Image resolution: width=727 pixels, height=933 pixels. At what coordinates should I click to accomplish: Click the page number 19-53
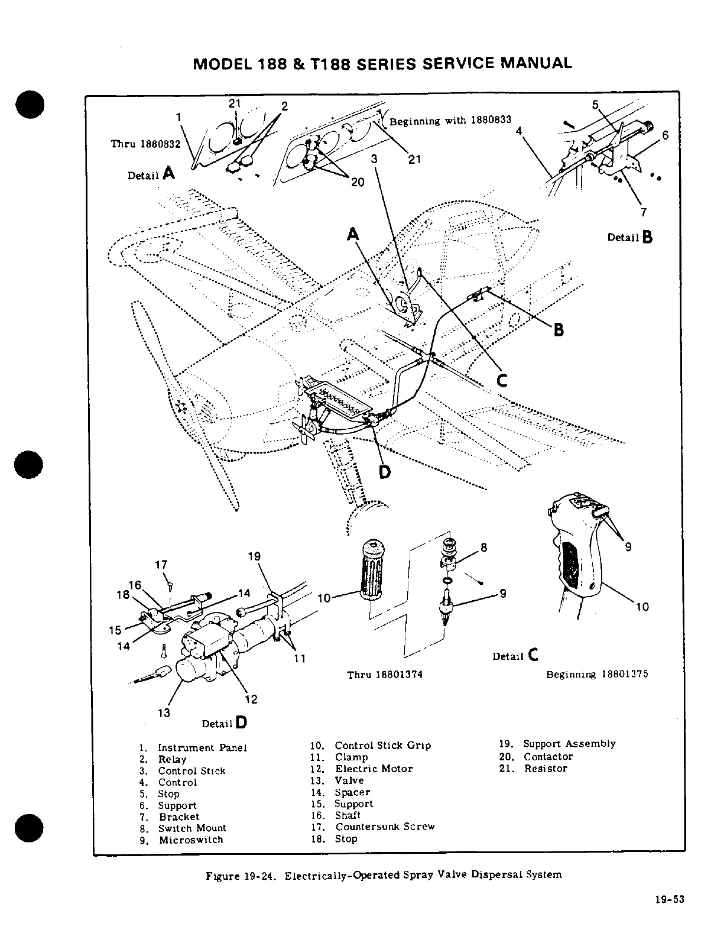669,916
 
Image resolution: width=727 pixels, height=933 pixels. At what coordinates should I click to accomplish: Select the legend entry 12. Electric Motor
361,769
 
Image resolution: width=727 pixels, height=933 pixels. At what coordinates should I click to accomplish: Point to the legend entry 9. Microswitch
181,840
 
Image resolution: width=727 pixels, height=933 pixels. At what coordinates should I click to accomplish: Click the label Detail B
629,237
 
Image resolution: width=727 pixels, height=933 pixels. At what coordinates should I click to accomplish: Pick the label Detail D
224,723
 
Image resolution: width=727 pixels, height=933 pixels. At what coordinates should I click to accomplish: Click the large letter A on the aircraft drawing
353,235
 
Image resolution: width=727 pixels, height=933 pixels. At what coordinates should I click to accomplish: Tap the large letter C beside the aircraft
502,381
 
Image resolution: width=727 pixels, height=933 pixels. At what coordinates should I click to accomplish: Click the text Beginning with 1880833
449,121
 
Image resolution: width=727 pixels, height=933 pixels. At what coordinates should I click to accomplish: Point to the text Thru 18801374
384,675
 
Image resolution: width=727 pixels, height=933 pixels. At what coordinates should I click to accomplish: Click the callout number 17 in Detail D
161,565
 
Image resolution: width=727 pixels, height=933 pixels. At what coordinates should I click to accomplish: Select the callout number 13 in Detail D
164,712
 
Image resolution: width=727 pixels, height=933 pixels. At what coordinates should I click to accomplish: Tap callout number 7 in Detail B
644,212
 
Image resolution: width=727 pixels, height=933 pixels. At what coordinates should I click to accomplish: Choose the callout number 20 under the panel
358,182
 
